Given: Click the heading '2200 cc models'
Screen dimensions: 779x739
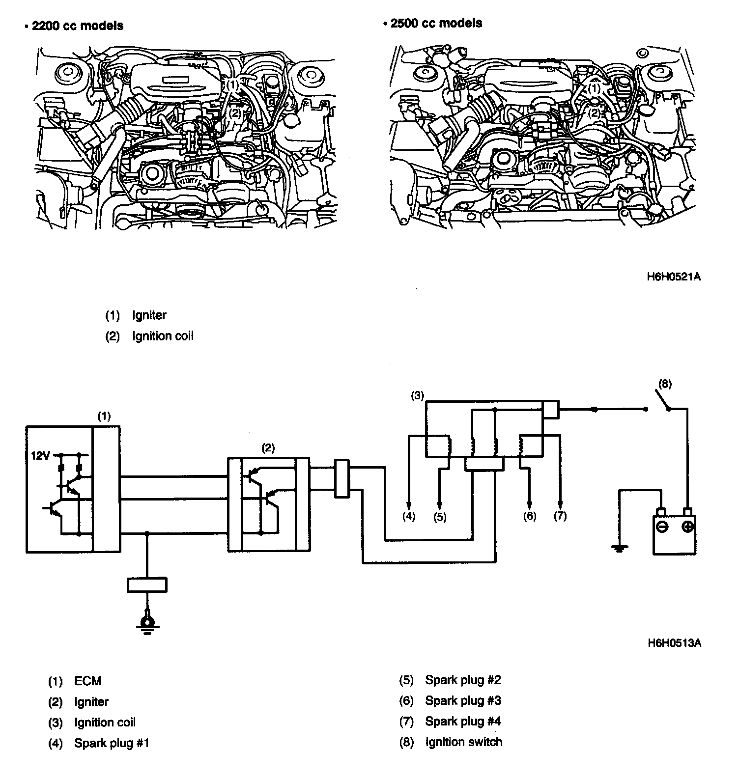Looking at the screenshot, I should point(77,26).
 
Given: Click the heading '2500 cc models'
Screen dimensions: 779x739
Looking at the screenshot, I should point(436,23).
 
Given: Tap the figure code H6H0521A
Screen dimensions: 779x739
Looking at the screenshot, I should point(673,277).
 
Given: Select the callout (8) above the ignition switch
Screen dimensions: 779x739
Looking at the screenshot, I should point(664,384).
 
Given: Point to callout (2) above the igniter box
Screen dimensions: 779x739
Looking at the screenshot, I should point(268,447).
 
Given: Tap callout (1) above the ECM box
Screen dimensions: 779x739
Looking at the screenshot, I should point(104,416).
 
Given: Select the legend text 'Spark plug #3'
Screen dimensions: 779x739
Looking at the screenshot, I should point(463,701).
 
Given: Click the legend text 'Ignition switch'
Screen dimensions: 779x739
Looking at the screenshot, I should point(463,742).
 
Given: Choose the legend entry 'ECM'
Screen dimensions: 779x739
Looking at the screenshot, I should point(87,681).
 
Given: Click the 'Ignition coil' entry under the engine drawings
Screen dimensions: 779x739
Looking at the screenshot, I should point(163,336).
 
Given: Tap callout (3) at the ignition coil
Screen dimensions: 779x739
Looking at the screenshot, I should point(417,395).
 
